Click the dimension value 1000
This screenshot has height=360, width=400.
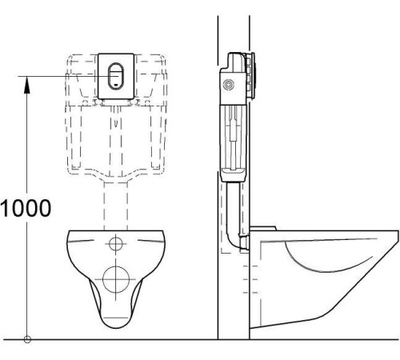26,207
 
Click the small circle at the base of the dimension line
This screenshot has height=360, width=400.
26,339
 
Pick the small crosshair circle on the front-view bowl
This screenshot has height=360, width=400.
117,242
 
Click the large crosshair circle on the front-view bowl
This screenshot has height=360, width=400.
116,281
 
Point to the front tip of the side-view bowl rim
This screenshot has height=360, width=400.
395,230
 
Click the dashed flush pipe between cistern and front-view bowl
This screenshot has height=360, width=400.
117,200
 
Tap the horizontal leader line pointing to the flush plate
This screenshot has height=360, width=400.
64,75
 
